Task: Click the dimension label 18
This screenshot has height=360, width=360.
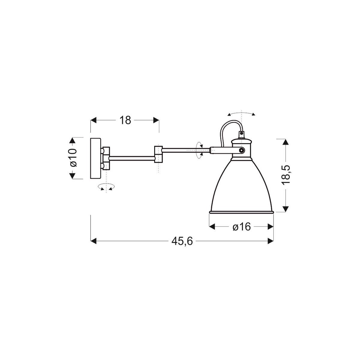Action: coord(125,120)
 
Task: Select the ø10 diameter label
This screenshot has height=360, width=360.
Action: coord(73,158)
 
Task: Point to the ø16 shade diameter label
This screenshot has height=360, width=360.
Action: coord(241,227)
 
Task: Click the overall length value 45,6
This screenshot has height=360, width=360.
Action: coord(182,241)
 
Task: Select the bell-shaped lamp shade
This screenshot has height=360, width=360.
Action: coord(241,186)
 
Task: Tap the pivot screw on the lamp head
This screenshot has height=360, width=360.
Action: coord(241,150)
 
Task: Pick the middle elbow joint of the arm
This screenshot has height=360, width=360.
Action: coord(158,154)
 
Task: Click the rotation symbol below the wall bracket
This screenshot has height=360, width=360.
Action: coord(106,187)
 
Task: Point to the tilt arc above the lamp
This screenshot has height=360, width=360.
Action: coord(241,113)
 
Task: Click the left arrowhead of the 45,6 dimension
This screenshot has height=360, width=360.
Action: coord(93,241)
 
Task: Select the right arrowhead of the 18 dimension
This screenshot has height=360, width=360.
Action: coord(156,120)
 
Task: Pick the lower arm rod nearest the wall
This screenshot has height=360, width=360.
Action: coord(132,156)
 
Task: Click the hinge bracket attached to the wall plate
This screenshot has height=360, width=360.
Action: coord(106,158)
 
